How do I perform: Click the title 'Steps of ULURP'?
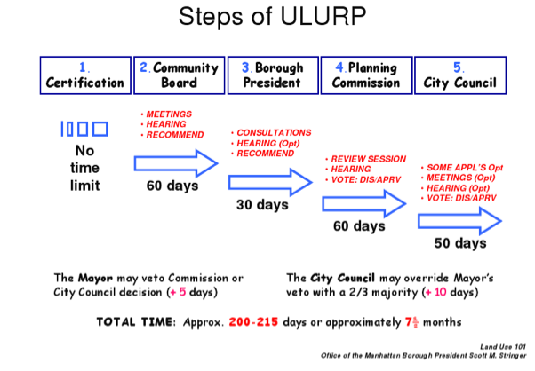pyautogui.click(x=272, y=16)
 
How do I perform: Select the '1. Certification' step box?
pyautogui.click(x=85, y=75)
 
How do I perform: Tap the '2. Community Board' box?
pyautogui.click(x=180, y=75)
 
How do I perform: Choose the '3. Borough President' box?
pyautogui.click(x=273, y=75)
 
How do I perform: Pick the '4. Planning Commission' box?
pyautogui.click(x=366, y=75)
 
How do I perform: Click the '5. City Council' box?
pyautogui.click(x=460, y=75)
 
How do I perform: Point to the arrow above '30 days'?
pyautogui.click(x=270, y=182)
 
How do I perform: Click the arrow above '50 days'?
pyautogui.click(x=459, y=221)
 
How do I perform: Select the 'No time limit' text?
pyautogui.click(x=84, y=168)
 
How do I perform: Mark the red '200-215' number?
pyautogui.click(x=253, y=322)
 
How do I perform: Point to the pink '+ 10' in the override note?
pyautogui.click(x=436, y=292)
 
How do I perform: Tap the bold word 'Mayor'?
pyautogui.click(x=95, y=278)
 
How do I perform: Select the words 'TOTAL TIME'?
pyautogui.click(x=135, y=322)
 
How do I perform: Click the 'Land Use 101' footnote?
pyautogui.click(x=503, y=347)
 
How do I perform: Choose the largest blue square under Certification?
pyautogui.click(x=100, y=129)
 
